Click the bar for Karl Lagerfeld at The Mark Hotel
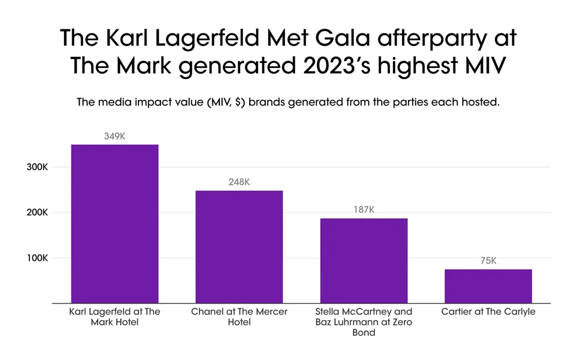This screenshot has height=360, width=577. [x=115, y=224]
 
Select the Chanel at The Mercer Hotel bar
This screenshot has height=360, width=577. [x=239, y=247]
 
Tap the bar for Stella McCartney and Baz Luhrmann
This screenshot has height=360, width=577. [x=364, y=261]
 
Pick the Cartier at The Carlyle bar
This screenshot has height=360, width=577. [x=488, y=286]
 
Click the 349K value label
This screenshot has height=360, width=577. [x=115, y=136]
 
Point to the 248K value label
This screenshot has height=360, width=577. [x=239, y=182]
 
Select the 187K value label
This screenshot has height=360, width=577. [x=364, y=209]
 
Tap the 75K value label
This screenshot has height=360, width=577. [x=488, y=261]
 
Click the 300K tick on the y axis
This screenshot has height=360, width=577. [x=37, y=167]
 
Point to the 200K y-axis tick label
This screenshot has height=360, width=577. [x=37, y=212]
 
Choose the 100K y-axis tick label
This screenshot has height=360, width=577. [x=37, y=258]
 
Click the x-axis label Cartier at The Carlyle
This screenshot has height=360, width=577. [x=488, y=312]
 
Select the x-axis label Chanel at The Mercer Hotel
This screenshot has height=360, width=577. [x=239, y=317]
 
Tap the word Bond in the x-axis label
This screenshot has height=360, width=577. [x=364, y=333]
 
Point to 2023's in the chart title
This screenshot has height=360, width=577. [x=336, y=66]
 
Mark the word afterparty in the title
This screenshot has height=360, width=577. [x=432, y=39]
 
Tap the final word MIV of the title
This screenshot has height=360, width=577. [x=486, y=66]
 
